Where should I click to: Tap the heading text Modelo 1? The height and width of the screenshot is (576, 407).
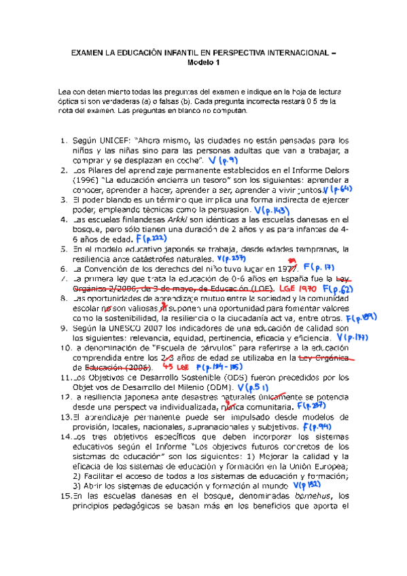(x=203, y=62)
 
